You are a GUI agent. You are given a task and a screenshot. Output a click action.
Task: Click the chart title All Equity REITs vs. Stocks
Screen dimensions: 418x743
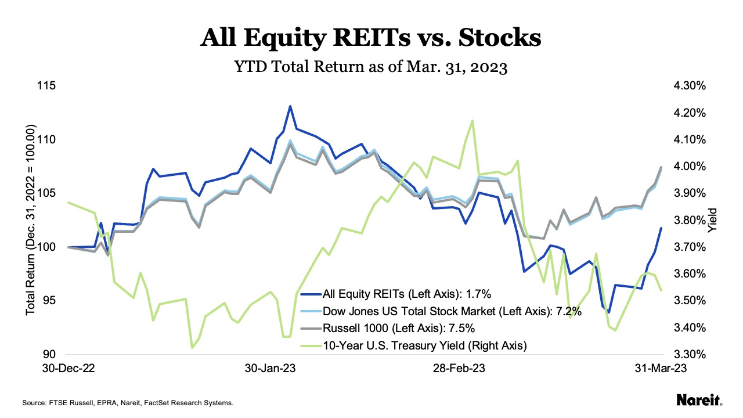(x=371, y=38)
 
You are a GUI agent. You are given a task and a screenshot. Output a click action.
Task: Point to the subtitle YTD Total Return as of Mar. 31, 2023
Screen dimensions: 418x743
(x=371, y=67)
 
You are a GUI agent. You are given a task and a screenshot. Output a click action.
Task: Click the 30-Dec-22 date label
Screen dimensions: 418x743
(x=69, y=369)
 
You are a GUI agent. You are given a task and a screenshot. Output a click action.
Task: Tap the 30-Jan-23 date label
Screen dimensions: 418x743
(x=271, y=369)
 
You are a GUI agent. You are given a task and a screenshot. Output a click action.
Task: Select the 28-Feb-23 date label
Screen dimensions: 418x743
(x=460, y=369)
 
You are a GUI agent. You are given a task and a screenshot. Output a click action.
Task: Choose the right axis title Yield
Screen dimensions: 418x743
(x=713, y=221)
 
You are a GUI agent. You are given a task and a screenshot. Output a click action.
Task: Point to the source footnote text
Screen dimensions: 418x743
(x=127, y=402)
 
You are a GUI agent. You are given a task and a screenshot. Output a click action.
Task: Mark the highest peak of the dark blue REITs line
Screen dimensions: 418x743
(x=290, y=106)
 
